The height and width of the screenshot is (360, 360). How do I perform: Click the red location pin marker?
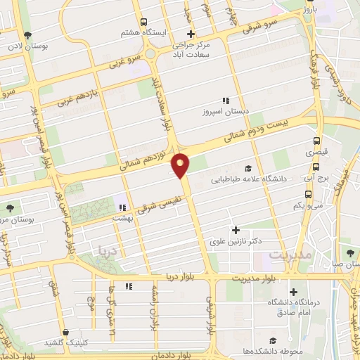pos(181,165)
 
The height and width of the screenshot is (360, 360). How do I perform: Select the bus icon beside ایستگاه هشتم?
pos(144,22)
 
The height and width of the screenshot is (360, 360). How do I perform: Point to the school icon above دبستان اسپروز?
pos(226,101)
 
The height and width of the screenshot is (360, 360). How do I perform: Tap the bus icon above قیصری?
pos(317,140)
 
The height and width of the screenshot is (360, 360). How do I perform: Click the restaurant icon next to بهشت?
pos(122,207)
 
